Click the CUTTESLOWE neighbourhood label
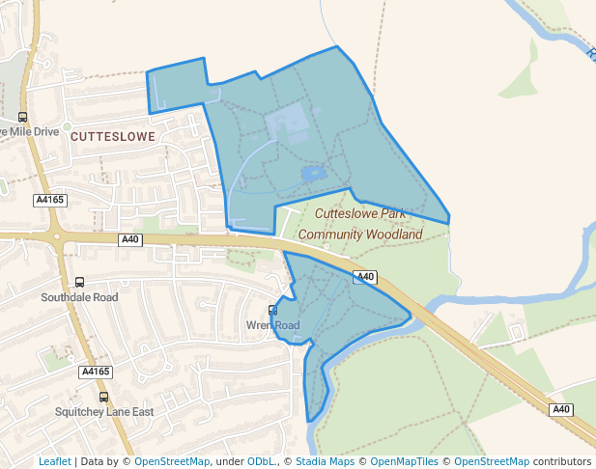113,137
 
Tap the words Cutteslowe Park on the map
359,215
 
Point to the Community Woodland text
360,234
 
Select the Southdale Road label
79,297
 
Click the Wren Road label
273,325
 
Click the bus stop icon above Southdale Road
79,283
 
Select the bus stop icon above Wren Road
273,311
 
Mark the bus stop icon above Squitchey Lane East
103,397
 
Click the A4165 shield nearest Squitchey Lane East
96,372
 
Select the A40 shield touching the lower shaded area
363,277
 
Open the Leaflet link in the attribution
54,461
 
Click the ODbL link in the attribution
262,461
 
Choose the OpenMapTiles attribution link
405,461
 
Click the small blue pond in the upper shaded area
312,174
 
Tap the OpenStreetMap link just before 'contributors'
492,461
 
